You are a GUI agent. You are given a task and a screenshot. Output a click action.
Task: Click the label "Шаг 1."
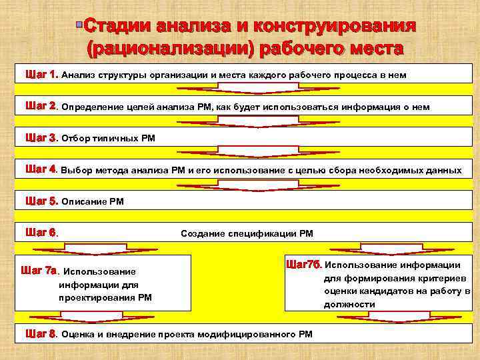tap(41, 75)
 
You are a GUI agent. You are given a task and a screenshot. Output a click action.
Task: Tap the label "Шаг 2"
tap(40, 106)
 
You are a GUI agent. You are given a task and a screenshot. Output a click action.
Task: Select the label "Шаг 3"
tap(41, 138)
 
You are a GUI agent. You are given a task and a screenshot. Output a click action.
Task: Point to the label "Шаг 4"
tap(41, 169)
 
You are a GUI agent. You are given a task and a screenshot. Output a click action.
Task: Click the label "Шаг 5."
tap(41, 201)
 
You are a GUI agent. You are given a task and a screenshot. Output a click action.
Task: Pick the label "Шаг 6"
tap(41, 233)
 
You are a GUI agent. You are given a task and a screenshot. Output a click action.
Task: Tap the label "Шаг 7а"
tap(41, 271)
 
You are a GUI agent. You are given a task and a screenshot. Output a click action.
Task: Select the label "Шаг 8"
tap(41, 333)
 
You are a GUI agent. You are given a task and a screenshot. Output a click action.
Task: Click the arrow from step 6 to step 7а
tap(87, 249)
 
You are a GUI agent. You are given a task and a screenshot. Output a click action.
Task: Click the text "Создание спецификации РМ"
tap(247, 233)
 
